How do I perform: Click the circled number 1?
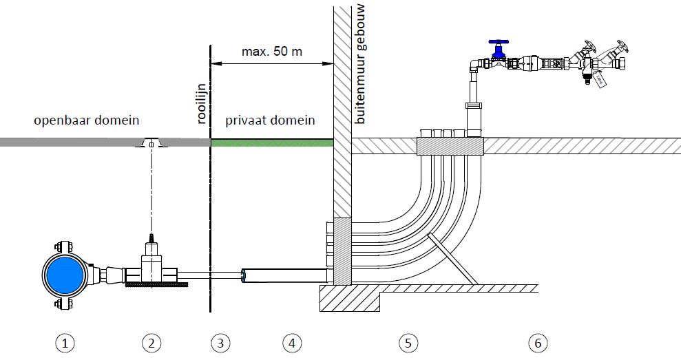click(65, 342)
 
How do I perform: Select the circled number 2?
click(151, 342)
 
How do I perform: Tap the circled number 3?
click(219, 342)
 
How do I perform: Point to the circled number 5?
click(408, 342)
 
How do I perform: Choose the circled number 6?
click(538, 342)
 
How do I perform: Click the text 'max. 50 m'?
click(272, 51)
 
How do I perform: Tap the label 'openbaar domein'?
click(87, 120)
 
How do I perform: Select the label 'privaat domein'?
click(270, 120)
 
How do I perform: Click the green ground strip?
click(271, 142)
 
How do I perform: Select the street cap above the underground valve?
click(151, 142)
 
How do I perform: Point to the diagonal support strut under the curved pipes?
click(452, 257)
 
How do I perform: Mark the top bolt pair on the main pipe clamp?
click(61, 246)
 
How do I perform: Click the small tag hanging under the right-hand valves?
click(600, 81)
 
